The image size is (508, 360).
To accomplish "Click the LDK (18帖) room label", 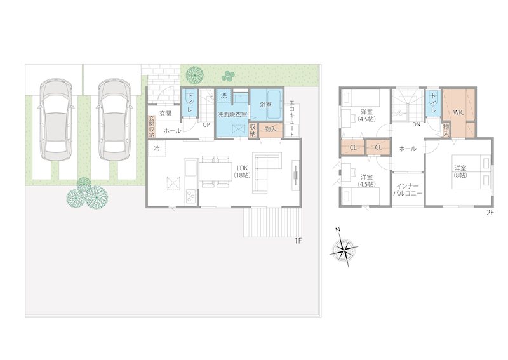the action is coord(243,172).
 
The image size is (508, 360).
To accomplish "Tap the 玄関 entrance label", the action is coord(165,114).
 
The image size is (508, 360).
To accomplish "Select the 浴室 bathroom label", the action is coord(266,105).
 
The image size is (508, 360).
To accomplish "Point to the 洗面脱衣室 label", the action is coord(232,114).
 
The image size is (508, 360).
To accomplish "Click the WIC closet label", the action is coord(458,113).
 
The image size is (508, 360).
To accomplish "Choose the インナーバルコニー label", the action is coord(408,190).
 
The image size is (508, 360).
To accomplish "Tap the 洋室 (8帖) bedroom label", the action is coord(460,171).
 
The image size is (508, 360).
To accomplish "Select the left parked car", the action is coord(55,119).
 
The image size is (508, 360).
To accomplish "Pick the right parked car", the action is coord(114,119).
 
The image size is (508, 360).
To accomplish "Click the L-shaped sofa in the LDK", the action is coord(267,173).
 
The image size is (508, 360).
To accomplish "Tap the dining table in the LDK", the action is coord(215,171).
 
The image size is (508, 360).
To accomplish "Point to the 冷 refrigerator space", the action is coord(157,149).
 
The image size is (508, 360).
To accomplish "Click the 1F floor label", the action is coord(298,241).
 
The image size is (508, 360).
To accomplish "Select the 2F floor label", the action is coord(490,213).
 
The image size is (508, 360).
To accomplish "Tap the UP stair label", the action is coord(206,124).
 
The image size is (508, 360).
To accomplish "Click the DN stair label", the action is coord(417,124).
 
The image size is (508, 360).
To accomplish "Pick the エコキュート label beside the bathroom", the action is coord(293,121).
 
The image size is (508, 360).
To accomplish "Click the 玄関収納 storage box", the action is coord(152,126).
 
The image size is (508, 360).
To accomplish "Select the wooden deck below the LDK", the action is coord(272,223).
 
